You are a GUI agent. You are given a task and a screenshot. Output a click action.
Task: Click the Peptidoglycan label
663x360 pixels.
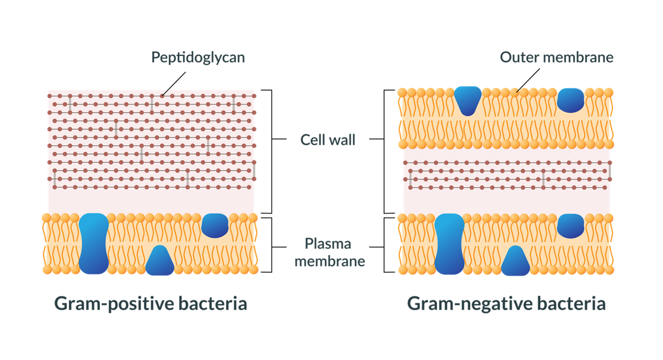click(x=198, y=57)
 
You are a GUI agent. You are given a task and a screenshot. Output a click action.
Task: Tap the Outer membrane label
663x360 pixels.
click(x=557, y=57)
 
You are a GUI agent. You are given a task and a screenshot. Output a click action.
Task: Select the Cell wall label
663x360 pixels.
click(x=328, y=140)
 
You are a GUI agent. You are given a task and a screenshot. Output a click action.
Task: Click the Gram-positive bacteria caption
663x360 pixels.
click(x=151, y=304)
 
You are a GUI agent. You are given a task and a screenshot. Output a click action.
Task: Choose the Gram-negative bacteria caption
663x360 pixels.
click(x=506, y=304)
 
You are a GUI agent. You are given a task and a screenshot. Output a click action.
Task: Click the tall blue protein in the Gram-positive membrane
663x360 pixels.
click(x=94, y=243)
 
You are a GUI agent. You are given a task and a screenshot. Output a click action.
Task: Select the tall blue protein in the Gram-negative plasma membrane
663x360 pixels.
click(x=449, y=243)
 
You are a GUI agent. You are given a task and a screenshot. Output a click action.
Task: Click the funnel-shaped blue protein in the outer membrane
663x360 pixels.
click(x=468, y=100)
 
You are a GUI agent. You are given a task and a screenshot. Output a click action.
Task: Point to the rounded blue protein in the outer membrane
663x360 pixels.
click(x=570, y=100)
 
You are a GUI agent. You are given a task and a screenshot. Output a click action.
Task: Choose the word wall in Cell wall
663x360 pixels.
click(x=342, y=140)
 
